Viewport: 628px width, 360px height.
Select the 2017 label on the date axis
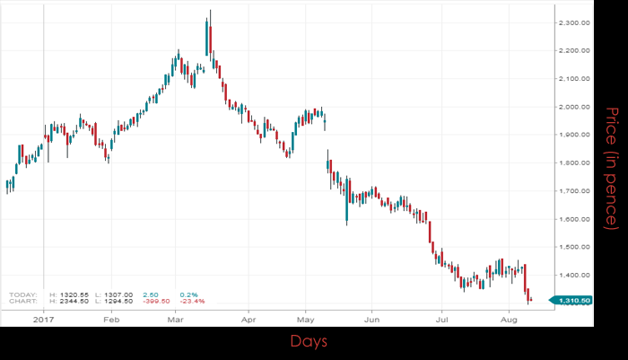pyautogui.click(x=44, y=318)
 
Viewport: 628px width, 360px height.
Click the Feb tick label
pyautogui.click(x=111, y=318)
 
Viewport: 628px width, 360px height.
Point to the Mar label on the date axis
pyautogui.click(x=177, y=318)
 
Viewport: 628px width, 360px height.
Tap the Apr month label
pyautogui.click(x=249, y=318)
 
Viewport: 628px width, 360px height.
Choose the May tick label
pyautogui.click(x=307, y=318)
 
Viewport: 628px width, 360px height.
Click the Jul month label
pyautogui.click(x=441, y=318)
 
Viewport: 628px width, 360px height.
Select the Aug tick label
pyautogui.click(x=508, y=318)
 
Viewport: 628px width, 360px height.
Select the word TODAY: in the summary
pyautogui.click(x=24, y=294)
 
